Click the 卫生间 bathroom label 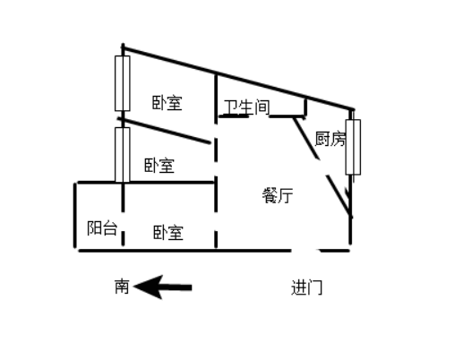tap(246, 107)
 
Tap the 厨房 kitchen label tap(330, 139)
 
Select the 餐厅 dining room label tap(278, 195)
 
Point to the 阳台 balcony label tap(102, 227)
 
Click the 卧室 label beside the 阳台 tap(168, 232)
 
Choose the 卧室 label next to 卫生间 tap(167, 103)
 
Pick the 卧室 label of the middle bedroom tap(159, 166)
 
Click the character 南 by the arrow tap(122, 287)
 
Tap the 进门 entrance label tap(306, 287)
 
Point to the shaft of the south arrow tap(177, 287)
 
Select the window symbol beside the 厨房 tap(353, 147)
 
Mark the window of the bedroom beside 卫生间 tap(123, 83)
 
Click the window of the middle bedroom tap(123, 155)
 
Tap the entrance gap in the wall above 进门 tap(305, 250)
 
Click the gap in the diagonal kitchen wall tap(322, 167)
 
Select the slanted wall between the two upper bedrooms tap(165, 131)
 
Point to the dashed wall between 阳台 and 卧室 tap(123, 214)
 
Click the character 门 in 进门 tap(315, 287)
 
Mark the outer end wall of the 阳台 tap(75, 216)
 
